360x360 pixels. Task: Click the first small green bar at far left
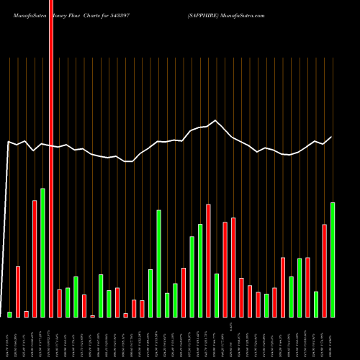click(10, 314)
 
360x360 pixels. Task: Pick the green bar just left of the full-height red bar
click(42, 253)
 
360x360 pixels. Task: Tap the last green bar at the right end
click(333, 260)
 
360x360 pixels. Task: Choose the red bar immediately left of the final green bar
click(325, 271)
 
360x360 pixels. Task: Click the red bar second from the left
click(18, 292)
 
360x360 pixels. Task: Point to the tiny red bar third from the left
click(26, 314)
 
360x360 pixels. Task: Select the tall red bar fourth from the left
click(35, 258)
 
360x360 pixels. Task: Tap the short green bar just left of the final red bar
click(316, 304)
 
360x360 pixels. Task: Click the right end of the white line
click(332, 137)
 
